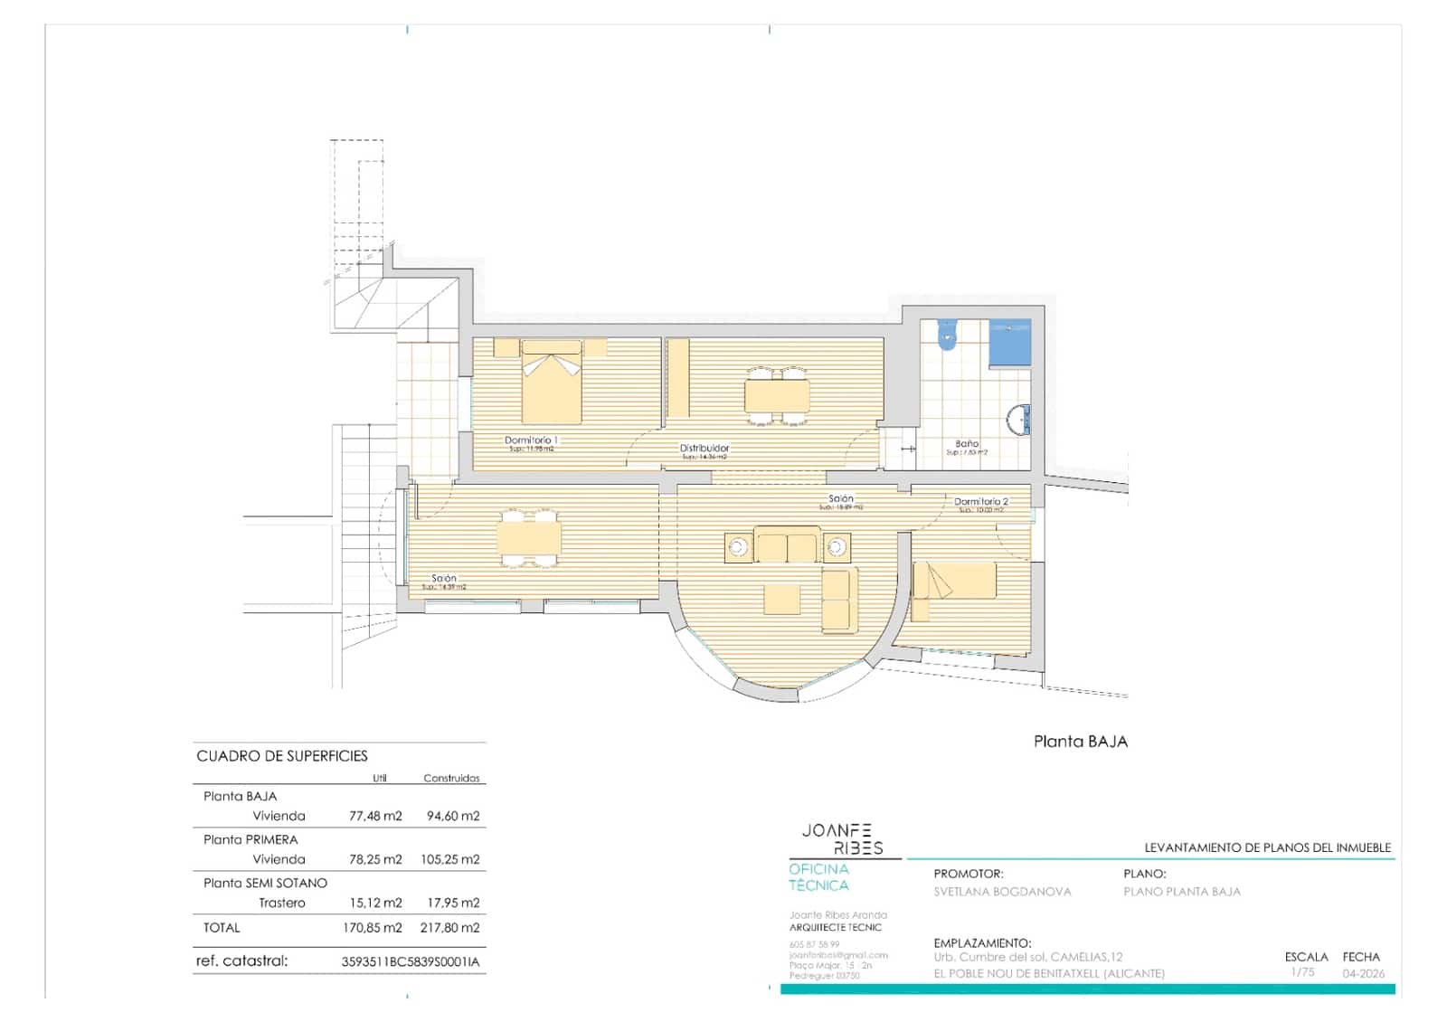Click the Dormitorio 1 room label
(x=531, y=440)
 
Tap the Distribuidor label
(x=705, y=448)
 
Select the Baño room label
(x=967, y=444)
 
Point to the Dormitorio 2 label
(x=980, y=501)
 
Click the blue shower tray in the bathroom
(x=1009, y=343)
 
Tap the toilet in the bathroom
(x=947, y=336)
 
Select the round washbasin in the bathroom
(x=1020, y=421)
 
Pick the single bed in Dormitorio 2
(x=954, y=581)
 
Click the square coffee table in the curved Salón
(x=782, y=599)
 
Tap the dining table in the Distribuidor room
(x=777, y=396)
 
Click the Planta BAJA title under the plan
(x=1081, y=742)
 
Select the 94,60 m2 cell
(x=453, y=816)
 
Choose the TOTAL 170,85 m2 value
(x=373, y=928)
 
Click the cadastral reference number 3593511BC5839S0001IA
(x=411, y=962)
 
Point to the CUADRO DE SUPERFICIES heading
(x=282, y=756)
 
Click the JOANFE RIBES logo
(x=837, y=839)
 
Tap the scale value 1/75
(x=1302, y=972)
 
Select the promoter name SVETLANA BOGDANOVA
(x=1002, y=892)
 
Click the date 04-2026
(x=1363, y=974)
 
